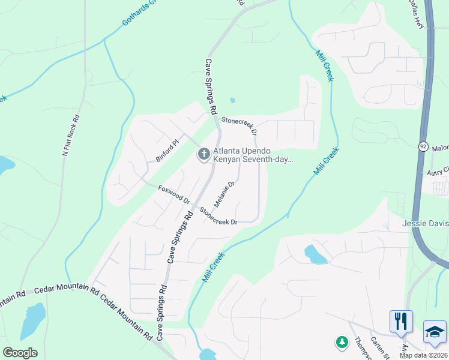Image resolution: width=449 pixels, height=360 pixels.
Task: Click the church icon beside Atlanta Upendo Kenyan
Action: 203,155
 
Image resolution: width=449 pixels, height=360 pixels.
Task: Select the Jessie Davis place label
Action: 425,224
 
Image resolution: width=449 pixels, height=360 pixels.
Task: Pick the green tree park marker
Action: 342,342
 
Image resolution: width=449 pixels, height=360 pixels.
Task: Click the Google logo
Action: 20,353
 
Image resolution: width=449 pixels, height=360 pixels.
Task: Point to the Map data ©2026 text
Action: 423,355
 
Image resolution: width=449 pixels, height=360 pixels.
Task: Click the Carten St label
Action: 380,346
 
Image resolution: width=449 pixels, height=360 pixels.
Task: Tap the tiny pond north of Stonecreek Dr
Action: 232,100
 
